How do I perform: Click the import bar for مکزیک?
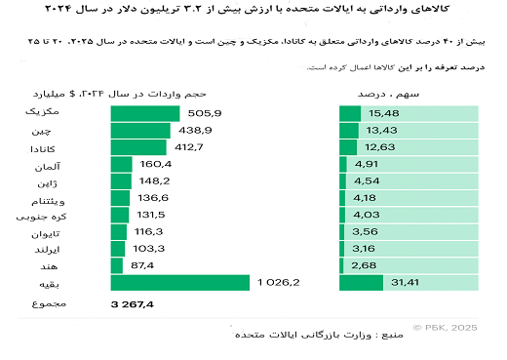[145, 113]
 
